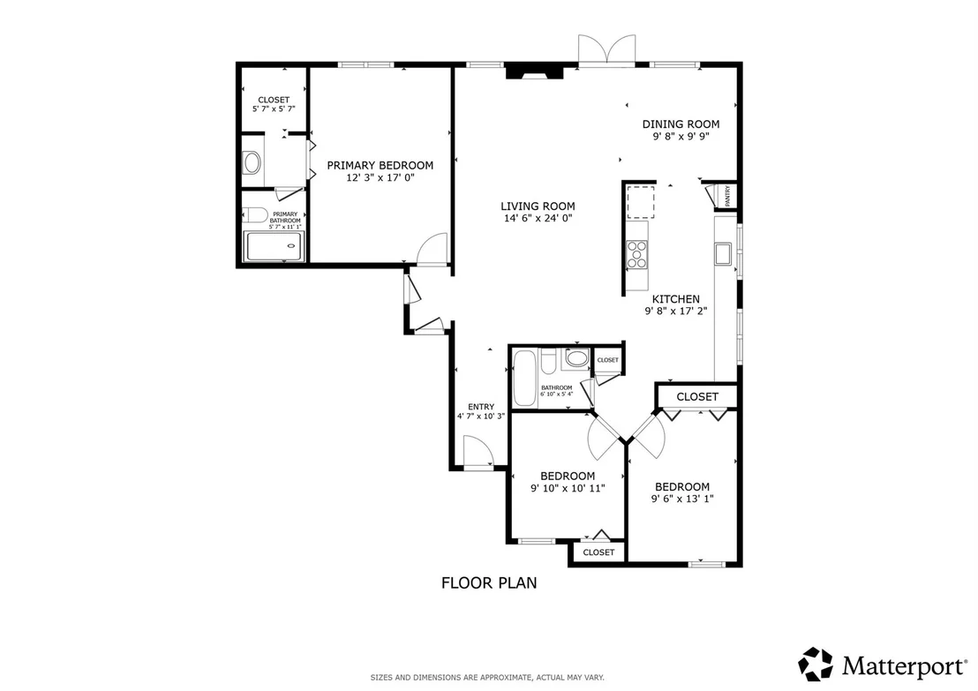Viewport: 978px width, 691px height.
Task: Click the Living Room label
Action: pyautogui.click(x=538, y=207)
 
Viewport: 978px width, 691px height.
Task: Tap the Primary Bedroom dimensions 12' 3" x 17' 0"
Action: pyautogui.click(x=380, y=177)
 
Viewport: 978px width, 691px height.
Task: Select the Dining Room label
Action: pyautogui.click(x=681, y=124)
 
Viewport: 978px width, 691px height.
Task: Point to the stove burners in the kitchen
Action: pyautogui.click(x=636, y=254)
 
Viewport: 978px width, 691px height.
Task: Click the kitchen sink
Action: pyautogui.click(x=723, y=254)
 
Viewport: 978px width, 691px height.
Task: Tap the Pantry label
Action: pyautogui.click(x=728, y=196)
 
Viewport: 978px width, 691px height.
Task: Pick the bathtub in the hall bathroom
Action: pyautogui.click(x=524, y=378)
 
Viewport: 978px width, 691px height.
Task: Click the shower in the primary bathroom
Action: pyautogui.click(x=275, y=246)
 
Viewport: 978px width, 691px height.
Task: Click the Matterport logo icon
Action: pyautogui.click(x=816, y=665)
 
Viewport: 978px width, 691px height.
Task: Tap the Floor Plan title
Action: pyautogui.click(x=489, y=583)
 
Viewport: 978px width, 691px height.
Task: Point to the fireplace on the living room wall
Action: pyautogui.click(x=534, y=72)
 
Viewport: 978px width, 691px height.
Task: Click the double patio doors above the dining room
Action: pyautogui.click(x=607, y=49)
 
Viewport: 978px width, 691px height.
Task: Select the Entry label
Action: pyautogui.click(x=481, y=407)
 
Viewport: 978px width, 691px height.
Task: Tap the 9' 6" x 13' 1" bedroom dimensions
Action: pyautogui.click(x=682, y=499)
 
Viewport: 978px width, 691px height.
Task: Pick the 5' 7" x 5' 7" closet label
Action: pyautogui.click(x=274, y=109)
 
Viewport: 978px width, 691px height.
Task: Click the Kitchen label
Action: pyautogui.click(x=676, y=299)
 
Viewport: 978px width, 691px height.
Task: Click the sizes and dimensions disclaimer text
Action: pyautogui.click(x=487, y=677)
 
